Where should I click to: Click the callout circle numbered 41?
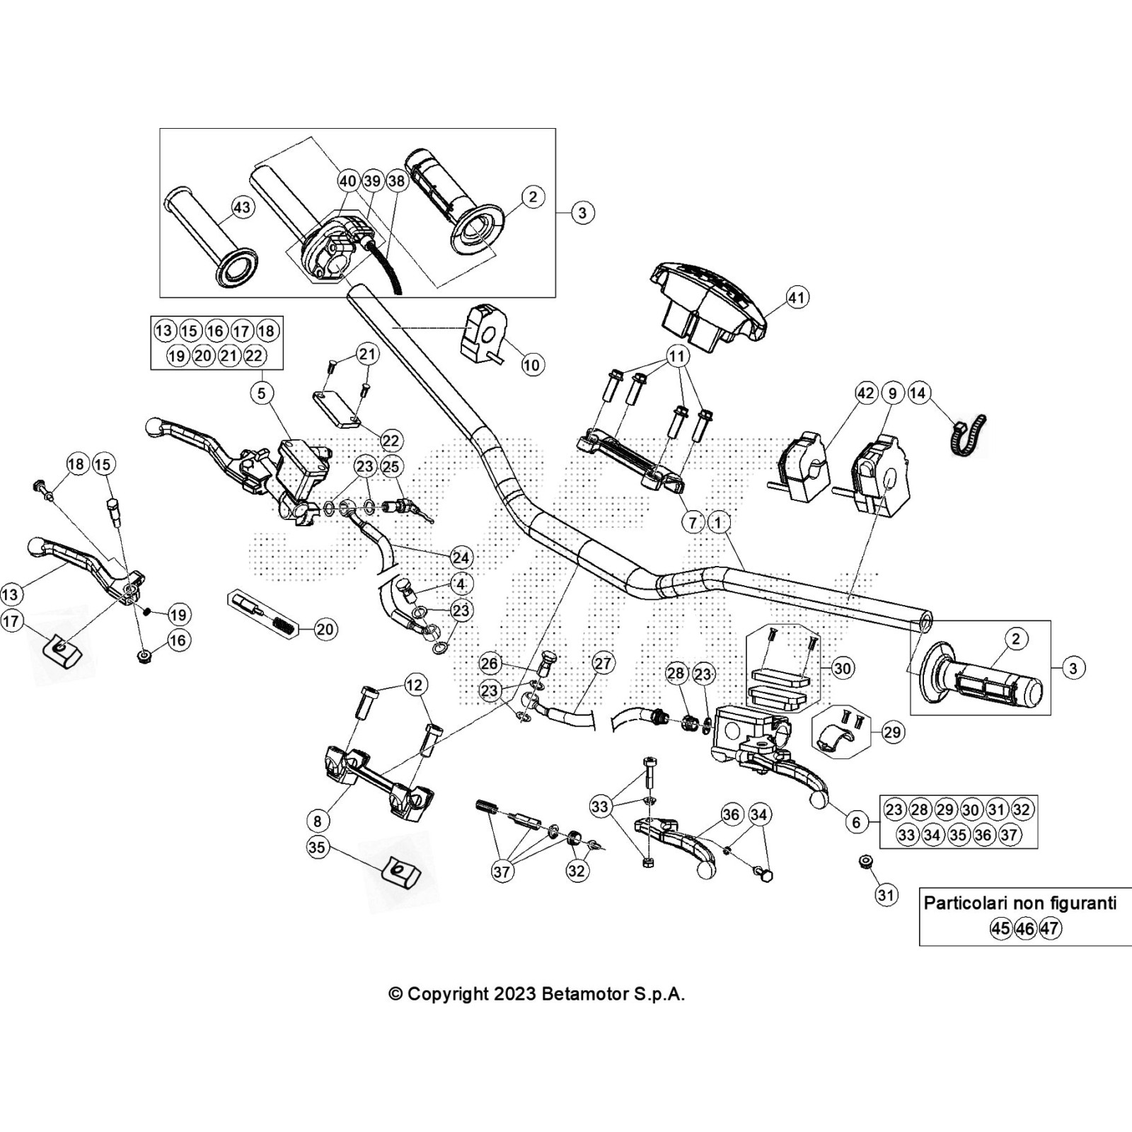[x=797, y=298]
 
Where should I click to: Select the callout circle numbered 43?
[x=242, y=207]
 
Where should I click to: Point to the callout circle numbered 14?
[x=918, y=393]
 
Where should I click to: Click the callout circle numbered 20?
[x=325, y=629]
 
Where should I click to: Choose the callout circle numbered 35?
[x=318, y=847]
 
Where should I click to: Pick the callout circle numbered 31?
[x=886, y=895]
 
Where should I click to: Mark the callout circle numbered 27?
[x=603, y=664]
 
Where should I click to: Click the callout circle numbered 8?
[x=318, y=821]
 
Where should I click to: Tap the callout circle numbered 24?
[x=461, y=558]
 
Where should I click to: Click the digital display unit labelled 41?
[x=711, y=297]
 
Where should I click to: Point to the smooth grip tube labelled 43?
[x=209, y=233]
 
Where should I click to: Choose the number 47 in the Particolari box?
[x=1051, y=928]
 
